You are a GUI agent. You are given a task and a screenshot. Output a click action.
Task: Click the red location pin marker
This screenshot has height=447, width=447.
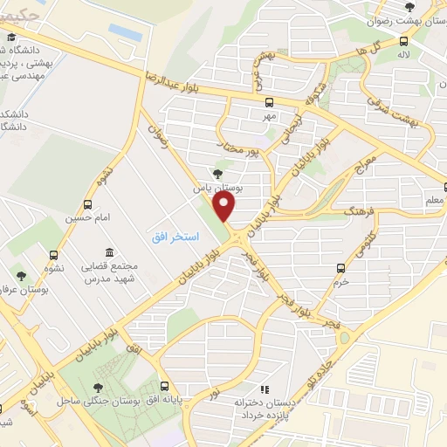(x=225, y=207)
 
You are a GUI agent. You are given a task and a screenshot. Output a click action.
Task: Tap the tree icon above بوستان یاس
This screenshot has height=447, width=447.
(x=217, y=173)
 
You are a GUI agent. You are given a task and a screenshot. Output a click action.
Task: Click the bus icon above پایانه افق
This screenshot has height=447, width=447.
(x=164, y=386)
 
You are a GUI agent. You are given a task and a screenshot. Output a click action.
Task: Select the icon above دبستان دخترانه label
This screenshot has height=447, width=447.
(x=264, y=389)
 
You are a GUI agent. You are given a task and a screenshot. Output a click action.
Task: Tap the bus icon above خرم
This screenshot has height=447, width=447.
(x=340, y=268)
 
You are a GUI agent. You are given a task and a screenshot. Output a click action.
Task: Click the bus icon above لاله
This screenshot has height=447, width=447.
(x=403, y=40)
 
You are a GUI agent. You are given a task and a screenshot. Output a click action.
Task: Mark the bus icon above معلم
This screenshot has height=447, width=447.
(x=445, y=186)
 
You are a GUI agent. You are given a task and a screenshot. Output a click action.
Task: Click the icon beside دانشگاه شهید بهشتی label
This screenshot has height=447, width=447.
(x=11, y=38)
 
